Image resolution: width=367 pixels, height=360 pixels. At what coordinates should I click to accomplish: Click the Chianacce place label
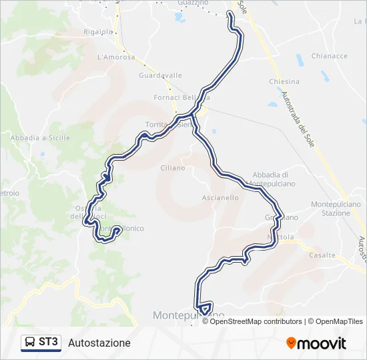(x=329, y=57)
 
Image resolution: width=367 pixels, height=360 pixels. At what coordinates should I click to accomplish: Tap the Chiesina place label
(x=284, y=82)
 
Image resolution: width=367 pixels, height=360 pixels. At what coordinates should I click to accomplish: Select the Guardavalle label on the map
(x=160, y=75)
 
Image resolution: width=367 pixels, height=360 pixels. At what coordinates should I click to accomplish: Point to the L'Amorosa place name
(x=116, y=57)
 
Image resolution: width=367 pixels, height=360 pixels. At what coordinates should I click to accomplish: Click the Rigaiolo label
(x=98, y=31)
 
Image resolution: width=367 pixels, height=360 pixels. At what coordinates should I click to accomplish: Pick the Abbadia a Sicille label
(x=41, y=137)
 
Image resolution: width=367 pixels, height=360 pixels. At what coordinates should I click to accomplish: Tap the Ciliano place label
(x=172, y=168)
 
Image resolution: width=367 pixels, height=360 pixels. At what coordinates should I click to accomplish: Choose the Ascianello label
(x=220, y=198)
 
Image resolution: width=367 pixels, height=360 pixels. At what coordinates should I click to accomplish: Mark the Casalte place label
(x=322, y=255)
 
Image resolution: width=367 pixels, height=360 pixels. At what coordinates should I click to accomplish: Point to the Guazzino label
(x=194, y=3)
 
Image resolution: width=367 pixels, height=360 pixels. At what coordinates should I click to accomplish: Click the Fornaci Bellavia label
(x=187, y=97)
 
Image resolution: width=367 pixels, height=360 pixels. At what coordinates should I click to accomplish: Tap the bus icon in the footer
(x=30, y=343)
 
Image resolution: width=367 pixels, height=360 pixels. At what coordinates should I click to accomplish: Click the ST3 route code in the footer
(x=49, y=343)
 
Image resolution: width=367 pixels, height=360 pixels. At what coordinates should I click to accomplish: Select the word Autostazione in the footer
(x=99, y=343)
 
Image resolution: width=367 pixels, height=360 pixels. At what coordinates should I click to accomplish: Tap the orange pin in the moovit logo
(x=292, y=343)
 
